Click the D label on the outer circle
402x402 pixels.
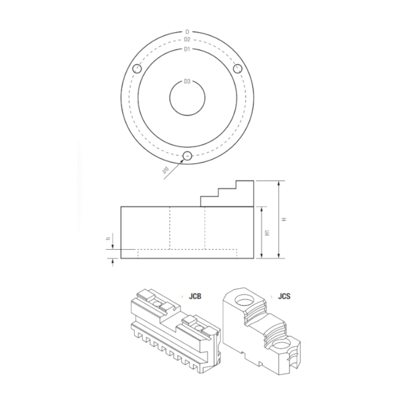click(x=187, y=32)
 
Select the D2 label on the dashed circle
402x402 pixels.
click(x=187, y=40)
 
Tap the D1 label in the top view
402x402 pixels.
click(x=187, y=49)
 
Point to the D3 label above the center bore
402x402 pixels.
click(x=187, y=82)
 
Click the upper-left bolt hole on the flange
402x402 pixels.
click(x=137, y=69)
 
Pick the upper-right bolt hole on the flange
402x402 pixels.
click(x=237, y=69)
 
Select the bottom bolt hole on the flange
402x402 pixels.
click(x=187, y=156)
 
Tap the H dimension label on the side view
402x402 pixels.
click(x=284, y=219)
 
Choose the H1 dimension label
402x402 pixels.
click(x=268, y=233)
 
